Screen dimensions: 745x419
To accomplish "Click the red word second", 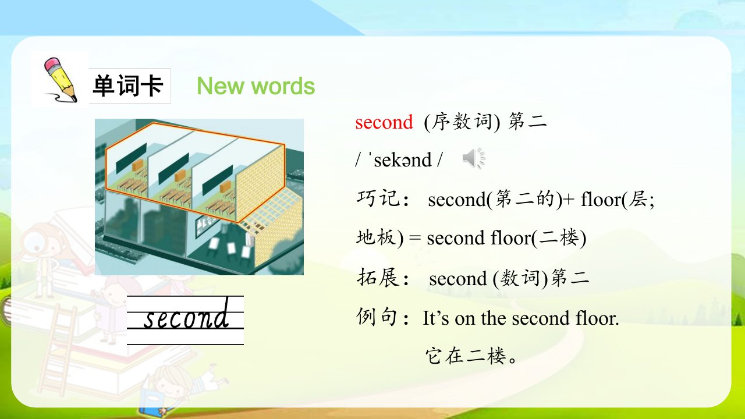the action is [384, 122].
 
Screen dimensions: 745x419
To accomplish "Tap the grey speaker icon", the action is [474, 158].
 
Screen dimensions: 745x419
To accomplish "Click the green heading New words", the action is [256, 86].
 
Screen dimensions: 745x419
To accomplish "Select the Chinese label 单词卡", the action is [128, 86].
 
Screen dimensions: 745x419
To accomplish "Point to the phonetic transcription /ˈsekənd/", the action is [399, 159].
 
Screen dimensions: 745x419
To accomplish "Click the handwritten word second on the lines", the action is [187, 315].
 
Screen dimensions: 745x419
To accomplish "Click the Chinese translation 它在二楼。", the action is [471, 355].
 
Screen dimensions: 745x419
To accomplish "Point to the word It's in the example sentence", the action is [436, 318].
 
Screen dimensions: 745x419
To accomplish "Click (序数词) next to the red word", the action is [462, 122].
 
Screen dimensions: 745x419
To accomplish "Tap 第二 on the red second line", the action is [527, 121].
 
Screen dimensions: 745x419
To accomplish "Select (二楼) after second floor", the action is [559, 238].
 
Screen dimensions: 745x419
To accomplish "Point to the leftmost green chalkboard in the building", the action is [131, 158].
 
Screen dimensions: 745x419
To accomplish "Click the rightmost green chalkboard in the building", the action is [218, 180].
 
